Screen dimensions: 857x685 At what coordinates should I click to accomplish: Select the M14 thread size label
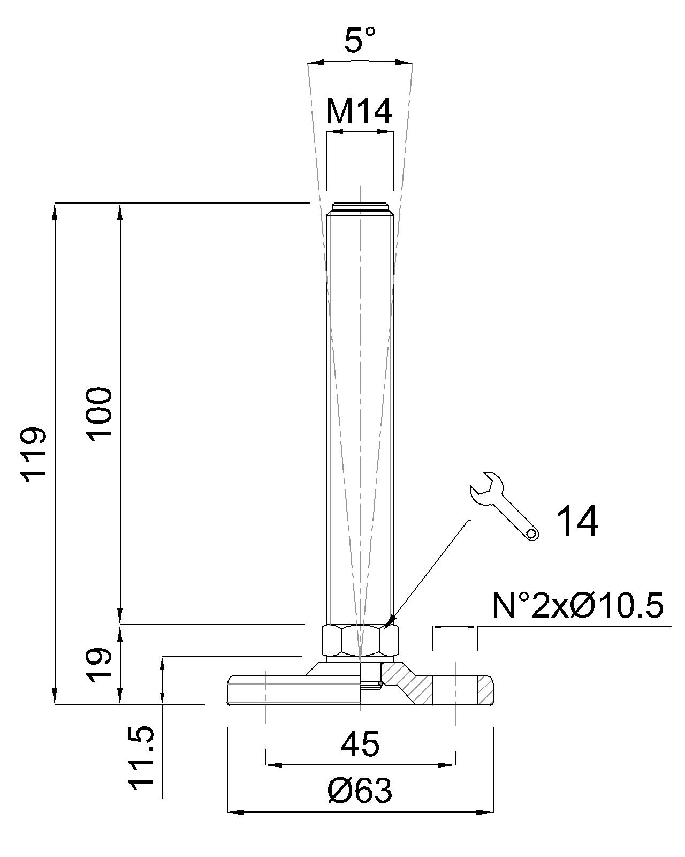pyautogui.click(x=359, y=111)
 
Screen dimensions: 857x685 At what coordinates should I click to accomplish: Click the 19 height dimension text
pyautogui.click(x=100, y=665)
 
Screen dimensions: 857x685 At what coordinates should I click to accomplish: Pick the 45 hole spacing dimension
pyautogui.click(x=360, y=744)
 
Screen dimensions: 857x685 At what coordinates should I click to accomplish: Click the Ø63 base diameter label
pyautogui.click(x=360, y=791)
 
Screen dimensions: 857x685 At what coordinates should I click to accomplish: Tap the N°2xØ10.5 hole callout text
pyautogui.click(x=577, y=606)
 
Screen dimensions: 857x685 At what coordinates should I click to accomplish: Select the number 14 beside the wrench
pyautogui.click(x=577, y=521)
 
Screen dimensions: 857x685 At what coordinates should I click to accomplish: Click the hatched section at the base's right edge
pyautogui.click(x=485, y=690)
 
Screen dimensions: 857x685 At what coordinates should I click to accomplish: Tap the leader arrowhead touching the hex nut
pyautogui.click(x=393, y=620)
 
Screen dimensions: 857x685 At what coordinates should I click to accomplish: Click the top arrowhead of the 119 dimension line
pyautogui.click(x=55, y=211)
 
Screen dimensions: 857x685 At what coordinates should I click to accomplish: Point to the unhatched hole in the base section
pyautogui.click(x=454, y=690)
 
